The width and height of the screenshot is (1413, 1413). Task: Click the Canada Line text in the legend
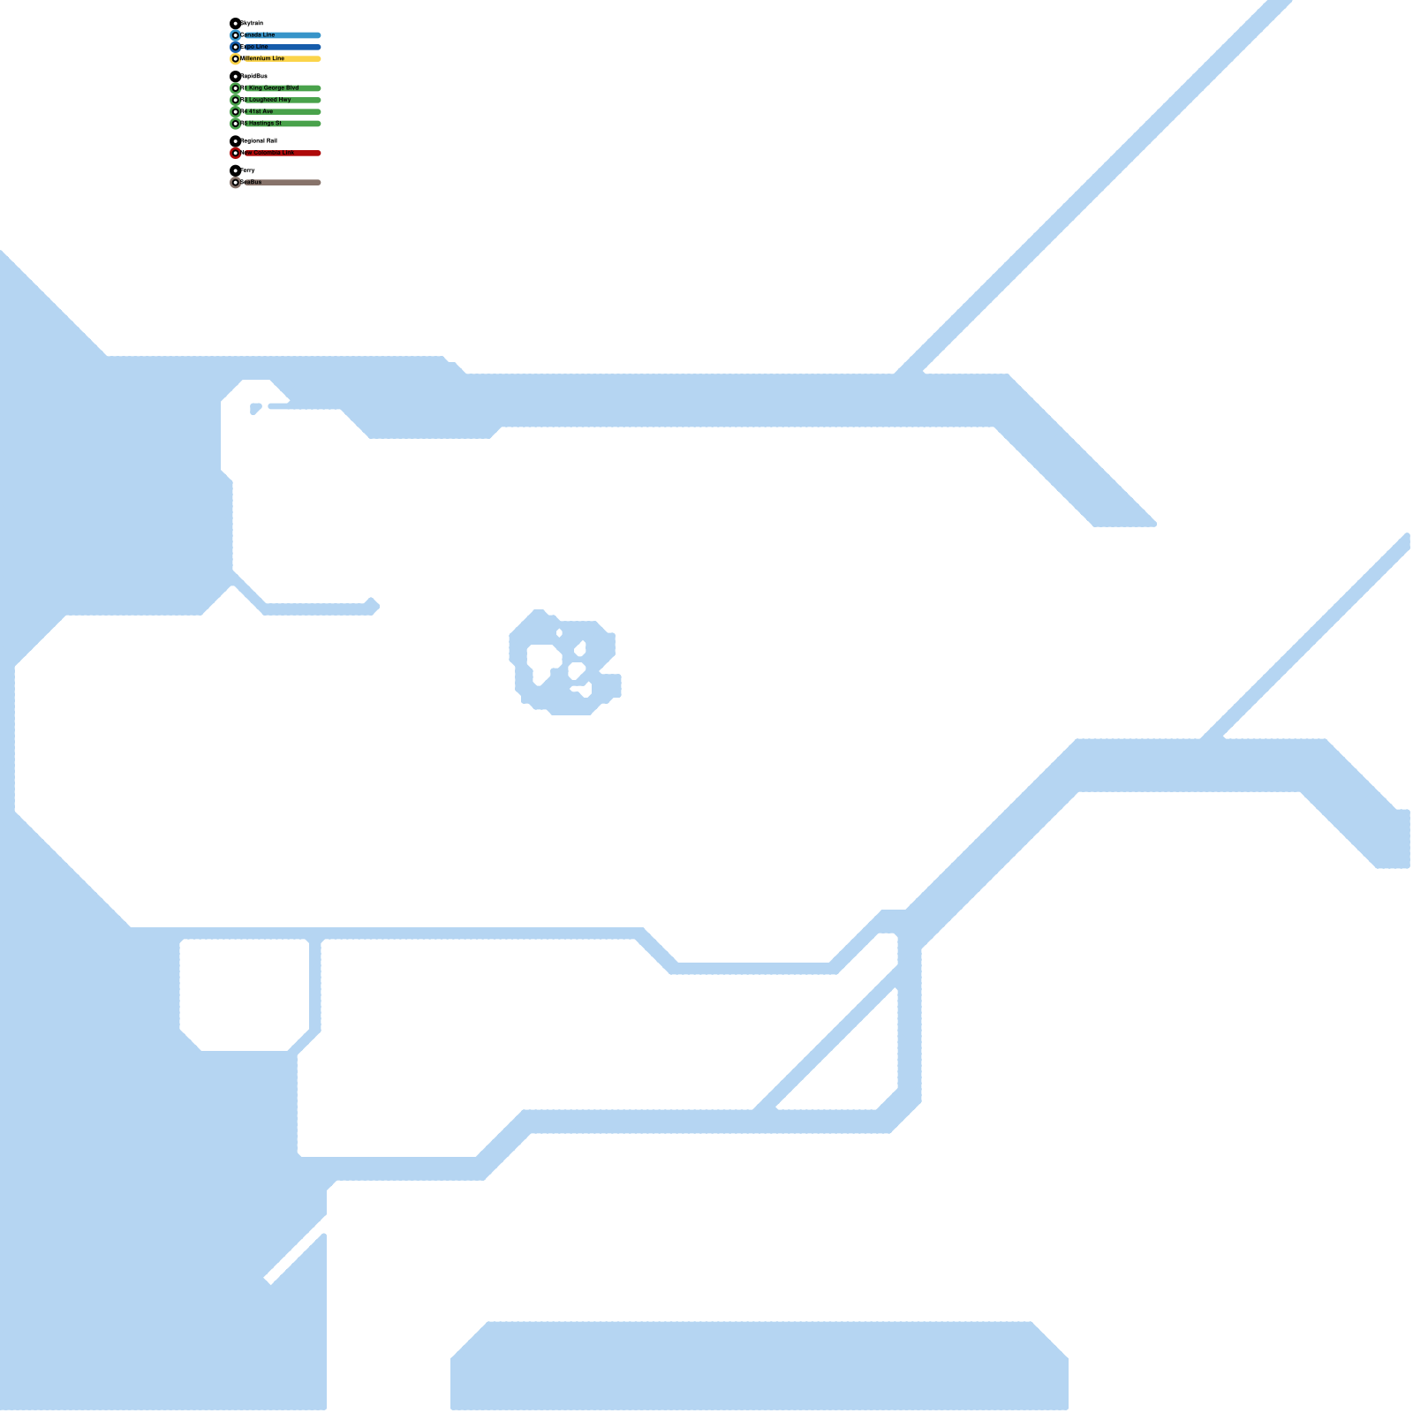coord(258,35)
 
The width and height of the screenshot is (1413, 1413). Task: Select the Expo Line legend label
coord(254,47)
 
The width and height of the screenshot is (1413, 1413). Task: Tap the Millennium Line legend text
coord(263,59)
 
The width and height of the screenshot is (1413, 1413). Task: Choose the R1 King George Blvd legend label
coord(270,88)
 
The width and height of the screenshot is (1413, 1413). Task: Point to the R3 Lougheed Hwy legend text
coord(266,100)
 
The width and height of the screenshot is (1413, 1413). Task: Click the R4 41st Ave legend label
coord(257,112)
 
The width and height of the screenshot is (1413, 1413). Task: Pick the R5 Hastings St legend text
coord(261,124)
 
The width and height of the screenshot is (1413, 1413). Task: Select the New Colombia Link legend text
coord(268,153)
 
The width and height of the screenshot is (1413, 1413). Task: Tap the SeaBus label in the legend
coord(252,183)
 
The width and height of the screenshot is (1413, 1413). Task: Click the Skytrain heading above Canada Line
coord(253,24)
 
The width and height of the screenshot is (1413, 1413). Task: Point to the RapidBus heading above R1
coord(254,77)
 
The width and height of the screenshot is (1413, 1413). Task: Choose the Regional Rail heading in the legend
coord(260,141)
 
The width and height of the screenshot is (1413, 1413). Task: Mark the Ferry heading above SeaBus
coord(248,170)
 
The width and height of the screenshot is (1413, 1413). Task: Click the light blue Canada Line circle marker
coord(236,35)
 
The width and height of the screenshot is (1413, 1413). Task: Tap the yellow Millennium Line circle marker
coord(236,59)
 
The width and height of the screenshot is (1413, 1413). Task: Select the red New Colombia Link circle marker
coord(236,154)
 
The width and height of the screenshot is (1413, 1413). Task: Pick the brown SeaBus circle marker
coord(236,183)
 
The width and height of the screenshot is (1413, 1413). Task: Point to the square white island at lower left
coord(245,994)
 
